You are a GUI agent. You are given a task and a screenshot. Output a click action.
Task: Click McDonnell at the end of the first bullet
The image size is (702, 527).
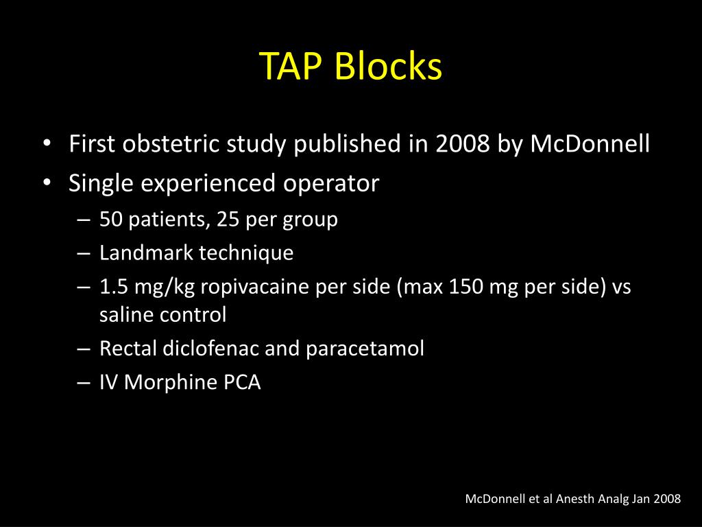click(590, 145)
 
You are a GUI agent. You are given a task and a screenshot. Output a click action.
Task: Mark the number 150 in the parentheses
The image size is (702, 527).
click(467, 287)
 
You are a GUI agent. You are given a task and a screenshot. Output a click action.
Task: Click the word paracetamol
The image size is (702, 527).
click(365, 349)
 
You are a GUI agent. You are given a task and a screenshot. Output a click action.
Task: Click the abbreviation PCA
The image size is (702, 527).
click(243, 382)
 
